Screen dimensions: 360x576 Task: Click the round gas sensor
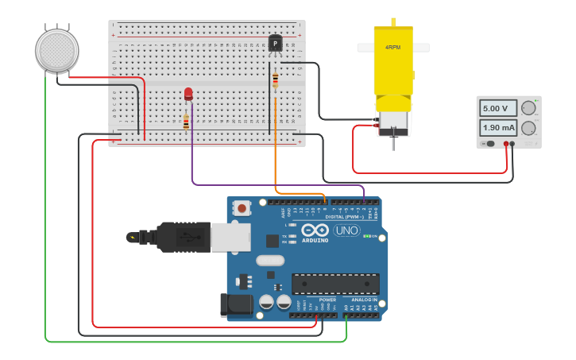pos(57,50)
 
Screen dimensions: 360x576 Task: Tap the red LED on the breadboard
pos(188,94)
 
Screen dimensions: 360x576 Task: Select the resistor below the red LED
pos(186,122)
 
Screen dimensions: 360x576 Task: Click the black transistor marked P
pos(275,43)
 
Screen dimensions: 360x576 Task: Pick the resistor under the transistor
pos(275,80)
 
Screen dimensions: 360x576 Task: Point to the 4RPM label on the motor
pos(392,47)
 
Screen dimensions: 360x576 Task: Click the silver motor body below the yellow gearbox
pos(392,122)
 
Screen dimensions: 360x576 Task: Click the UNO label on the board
pos(346,230)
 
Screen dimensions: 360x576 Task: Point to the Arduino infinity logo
pos(315,230)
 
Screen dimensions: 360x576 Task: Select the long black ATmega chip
pos(334,284)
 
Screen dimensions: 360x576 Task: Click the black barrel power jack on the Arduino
pos(235,304)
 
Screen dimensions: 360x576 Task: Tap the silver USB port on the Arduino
pos(230,237)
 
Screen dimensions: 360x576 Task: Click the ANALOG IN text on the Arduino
pos(365,300)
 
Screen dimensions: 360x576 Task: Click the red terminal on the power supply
pos(506,144)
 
